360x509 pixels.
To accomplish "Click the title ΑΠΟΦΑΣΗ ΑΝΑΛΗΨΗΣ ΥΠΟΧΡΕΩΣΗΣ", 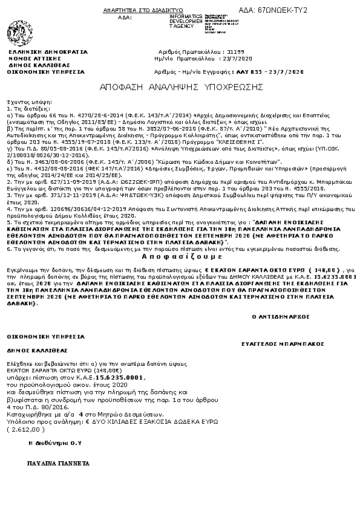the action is pos(181,87).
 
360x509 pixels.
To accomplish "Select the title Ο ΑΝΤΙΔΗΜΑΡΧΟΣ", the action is pos(276,316).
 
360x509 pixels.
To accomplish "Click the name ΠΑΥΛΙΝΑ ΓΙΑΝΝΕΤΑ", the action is pos(58,463).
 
